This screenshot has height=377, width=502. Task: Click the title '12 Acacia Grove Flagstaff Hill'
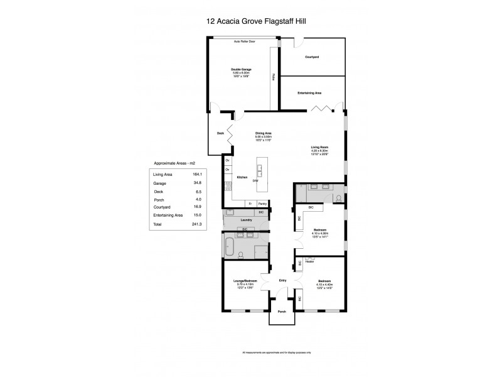(252, 20)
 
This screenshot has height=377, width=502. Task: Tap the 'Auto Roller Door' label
(244, 41)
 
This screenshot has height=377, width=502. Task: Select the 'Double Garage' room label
(241, 69)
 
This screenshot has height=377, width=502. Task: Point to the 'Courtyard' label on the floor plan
(312, 57)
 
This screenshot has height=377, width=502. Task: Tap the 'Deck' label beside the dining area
(220, 133)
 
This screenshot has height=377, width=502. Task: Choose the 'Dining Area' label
(263, 133)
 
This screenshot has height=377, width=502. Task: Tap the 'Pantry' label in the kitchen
(262, 204)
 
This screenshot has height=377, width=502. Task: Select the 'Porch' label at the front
(282, 312)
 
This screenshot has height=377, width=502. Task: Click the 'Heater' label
(309, 261)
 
